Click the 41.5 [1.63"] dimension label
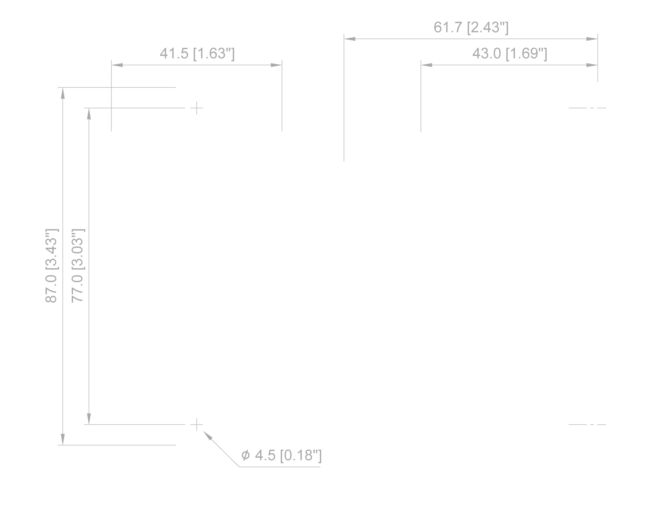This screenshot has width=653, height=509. (197, 54)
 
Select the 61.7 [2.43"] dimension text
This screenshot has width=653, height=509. (471, 27)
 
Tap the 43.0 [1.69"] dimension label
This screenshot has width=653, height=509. (510, 54)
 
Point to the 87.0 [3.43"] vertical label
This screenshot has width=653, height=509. (51, 266)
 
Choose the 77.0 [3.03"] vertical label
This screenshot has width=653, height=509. (78, 266)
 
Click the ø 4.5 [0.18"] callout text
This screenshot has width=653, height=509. (281, 456)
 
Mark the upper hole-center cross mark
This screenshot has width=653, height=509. (197, 108)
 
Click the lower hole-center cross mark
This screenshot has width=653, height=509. (197, 425)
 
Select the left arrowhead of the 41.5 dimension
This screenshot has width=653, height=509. (117, 65)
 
